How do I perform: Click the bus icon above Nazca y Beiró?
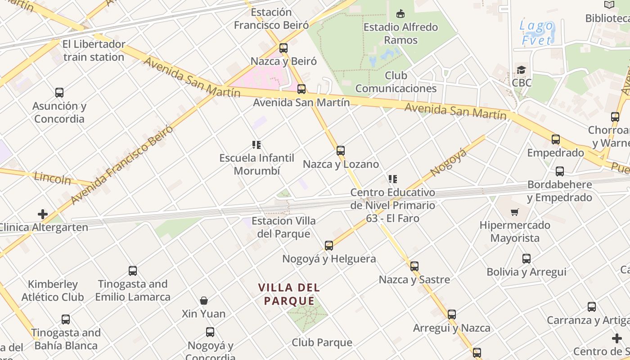[x=283, y=48]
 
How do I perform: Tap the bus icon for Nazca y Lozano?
[x=341, y=151]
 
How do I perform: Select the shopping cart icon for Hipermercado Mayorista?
[x=514, y=212]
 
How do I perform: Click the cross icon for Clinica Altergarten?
[x=43, y=214]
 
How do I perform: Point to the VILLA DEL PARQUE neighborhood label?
[x=289, y=294]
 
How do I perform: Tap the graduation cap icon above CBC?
[x=521, y=70]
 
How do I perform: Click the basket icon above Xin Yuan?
[x=204, y=301]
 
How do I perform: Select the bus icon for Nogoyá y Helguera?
[x=329, y=246]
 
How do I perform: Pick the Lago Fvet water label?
[x=536, y=33]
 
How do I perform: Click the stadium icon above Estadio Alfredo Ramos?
[x=400, y=14]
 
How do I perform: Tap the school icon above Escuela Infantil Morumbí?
[x=256, y=145]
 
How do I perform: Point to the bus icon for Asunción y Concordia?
[x=59, y=93]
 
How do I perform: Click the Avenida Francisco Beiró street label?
[x=121, y=164]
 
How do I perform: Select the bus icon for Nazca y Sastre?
[x=414, y=266]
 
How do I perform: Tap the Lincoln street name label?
[x=53, y=178]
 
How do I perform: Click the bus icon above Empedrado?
[x=556, y=139]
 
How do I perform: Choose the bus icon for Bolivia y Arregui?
[x=526, y=259]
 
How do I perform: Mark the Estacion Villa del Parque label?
[x=283, y=227]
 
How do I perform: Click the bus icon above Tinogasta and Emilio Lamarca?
[x=133, y=271]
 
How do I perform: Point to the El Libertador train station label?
[x=94, y=51]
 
